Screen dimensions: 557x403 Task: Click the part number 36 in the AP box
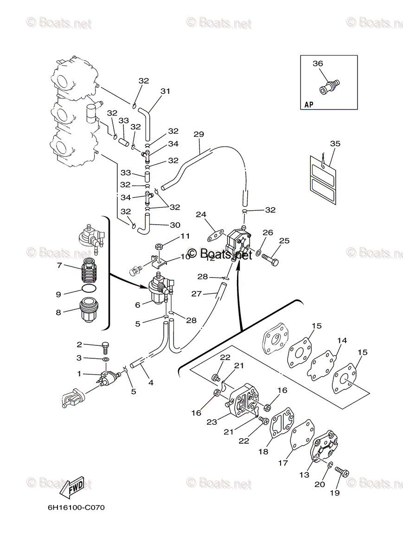click(317, 64)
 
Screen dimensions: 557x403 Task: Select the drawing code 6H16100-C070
click(76, 507)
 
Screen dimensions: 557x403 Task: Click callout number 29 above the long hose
click(198, 135)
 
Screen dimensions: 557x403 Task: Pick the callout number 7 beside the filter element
click(59, 266)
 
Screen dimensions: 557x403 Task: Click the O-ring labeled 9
click(88, 289)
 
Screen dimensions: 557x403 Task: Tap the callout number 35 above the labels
click(335, 143)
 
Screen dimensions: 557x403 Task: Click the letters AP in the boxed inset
click(309, 105)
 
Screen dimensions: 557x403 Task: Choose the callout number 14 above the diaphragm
click(342, 341)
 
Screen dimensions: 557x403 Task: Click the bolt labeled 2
click(106, 345)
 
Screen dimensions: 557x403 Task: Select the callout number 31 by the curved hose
click(166, 91)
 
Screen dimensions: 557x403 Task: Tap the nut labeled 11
click(159, 246)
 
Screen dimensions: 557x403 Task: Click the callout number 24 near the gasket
click(200, 215)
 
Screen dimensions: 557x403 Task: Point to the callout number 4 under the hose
click(150, 383)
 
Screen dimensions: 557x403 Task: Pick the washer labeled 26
click(258, 254)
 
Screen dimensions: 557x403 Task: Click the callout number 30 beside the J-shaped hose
click(175, 226)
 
